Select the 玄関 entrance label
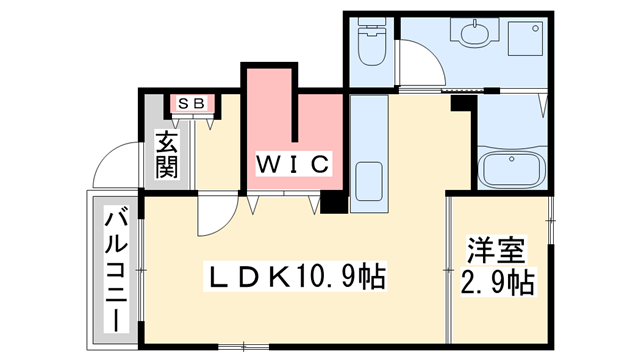point(166,154)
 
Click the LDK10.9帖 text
point(297,273)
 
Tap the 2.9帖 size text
point(497,283)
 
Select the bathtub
point(512,170)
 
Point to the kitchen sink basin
point(369,181)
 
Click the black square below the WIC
point(333,203)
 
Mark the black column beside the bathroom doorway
point(461,99)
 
